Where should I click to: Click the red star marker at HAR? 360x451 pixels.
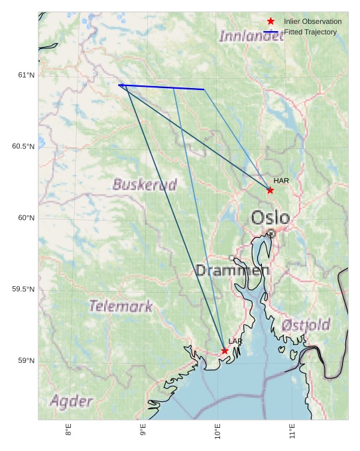coord(270,190)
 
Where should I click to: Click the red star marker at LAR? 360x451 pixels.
coord(225,351)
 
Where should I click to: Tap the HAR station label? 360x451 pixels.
coord(281,181)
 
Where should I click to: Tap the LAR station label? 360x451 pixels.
coord(235,342)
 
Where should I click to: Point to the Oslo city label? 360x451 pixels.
coord(270,217)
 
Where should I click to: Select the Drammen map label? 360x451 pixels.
coord(232,270)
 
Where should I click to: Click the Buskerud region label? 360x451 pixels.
coord(145,185)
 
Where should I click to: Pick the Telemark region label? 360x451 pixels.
coord(121,306)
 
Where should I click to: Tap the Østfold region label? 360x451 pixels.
coord(306,325)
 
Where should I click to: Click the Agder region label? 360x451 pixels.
coord(71,401)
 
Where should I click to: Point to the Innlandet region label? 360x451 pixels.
coord(251,36)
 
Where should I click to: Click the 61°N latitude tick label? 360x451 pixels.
coord(27,75)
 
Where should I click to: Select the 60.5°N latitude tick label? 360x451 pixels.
coord(23,146)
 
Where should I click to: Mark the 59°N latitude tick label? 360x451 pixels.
coord(27,361)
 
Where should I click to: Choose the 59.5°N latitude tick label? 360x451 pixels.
coord(23,289)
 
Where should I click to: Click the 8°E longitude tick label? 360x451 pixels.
coord(68,430)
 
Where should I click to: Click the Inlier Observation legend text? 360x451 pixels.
coord(312,22)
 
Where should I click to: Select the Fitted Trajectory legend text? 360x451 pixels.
coord(310,32)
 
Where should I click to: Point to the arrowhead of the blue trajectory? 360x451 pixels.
coord(120,85)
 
